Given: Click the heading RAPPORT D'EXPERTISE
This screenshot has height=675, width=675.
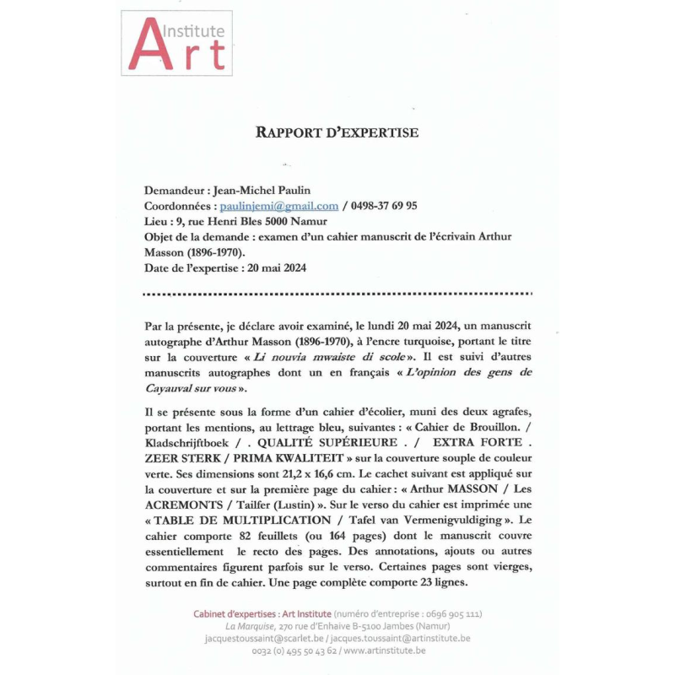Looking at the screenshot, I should point(337,132).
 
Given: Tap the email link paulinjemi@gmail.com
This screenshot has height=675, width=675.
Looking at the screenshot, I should point(279,206).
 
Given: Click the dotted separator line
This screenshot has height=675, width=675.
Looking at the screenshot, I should point(337,294).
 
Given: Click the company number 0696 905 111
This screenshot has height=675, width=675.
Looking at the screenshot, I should point(451,613).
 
